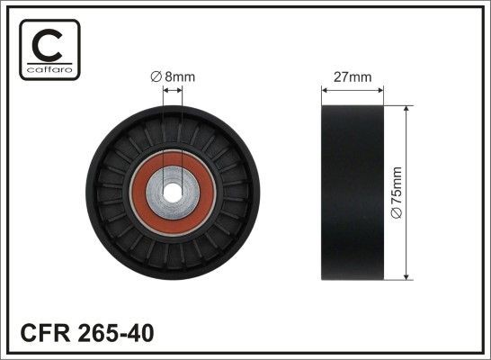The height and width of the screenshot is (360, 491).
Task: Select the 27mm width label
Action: point(353,77)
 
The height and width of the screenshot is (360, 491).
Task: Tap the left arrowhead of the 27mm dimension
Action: point(326,89)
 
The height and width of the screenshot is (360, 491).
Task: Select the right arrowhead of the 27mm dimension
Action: point(381,89)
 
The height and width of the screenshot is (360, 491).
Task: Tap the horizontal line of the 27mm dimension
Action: point(353,89)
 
